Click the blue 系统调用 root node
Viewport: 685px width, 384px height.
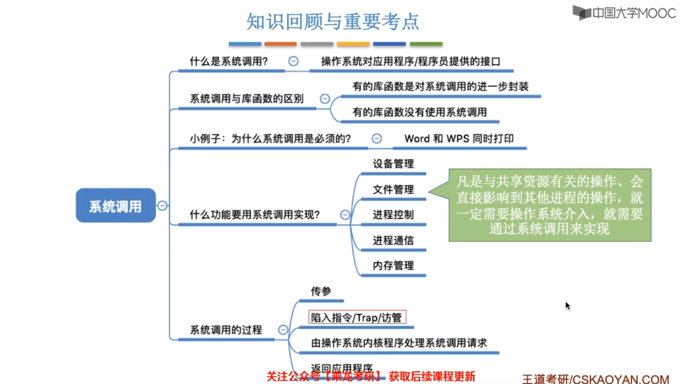pyautogui.click(x=116, y=205)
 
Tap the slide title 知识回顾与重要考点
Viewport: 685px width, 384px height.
pyautogui.click(x=333, y=22)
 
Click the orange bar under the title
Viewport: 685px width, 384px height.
pyautogui.click(x=280, y=44)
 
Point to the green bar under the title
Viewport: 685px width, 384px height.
pyautogui.click(x=426, y=44)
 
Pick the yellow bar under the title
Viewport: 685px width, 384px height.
pyautogui.click(x=353, y=44)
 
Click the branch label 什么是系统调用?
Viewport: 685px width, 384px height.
pyautogui.click(x=229, y=61)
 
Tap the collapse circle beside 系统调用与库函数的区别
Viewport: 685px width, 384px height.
pyautogui.click(x=325, y=98)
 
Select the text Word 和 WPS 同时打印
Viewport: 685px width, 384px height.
pyautogui.click(x=459, y=138)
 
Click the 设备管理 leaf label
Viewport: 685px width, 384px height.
pyautogui.click(x=393, y=164)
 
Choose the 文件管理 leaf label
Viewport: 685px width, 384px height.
pyautogui.click(x=393, y=189)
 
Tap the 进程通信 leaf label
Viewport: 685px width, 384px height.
pyautogui.click(x=393, y=241)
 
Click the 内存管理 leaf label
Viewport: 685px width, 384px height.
pyautogui.click(x=393, y=266)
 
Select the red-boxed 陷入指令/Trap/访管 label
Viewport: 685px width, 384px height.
pyautogui.click(x=357, y=317)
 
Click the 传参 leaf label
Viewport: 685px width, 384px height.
pyautogui.click(x=321, y=291)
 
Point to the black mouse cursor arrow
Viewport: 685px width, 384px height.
pyautogui.click(x=567, y=305)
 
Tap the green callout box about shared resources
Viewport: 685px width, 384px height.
pyautogui.click(x=550, y=205)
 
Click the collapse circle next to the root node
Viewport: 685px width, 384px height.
pyautogui.click(x=162, y=205)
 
